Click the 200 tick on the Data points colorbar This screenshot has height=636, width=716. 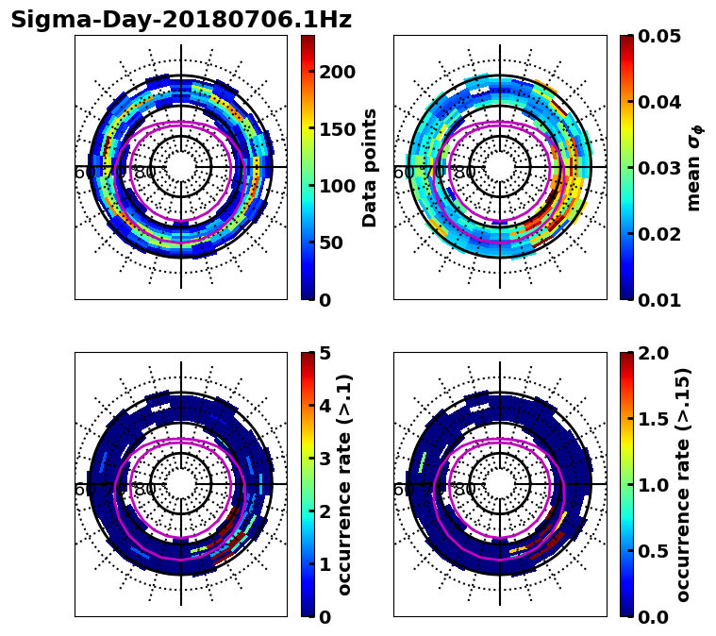coord(336,73)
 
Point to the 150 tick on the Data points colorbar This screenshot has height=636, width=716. coord(336,129)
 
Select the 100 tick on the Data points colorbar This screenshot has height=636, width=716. coord(336,186)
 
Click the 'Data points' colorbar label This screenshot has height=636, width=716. coord(370,167)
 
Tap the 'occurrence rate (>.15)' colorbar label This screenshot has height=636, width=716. coord(683,484)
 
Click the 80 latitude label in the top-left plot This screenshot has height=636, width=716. coord(145,173)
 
